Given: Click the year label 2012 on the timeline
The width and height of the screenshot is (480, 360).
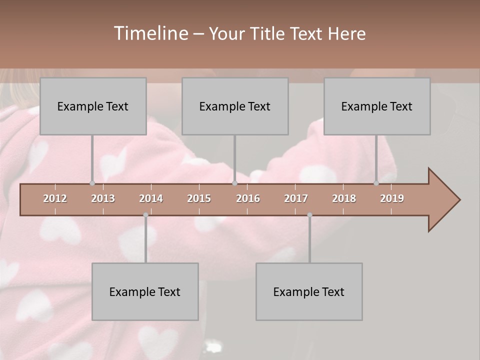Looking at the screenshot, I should click(55, 198).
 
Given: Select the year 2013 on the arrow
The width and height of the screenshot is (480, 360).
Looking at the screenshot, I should click(103, 198).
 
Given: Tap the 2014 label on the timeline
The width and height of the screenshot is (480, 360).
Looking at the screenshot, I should click(151, 198).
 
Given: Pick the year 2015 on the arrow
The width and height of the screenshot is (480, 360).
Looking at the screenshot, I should click(199, 198).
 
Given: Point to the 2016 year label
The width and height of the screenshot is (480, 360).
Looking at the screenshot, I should click(248, 198).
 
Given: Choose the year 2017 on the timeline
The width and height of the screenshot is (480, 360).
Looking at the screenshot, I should click(296, 198).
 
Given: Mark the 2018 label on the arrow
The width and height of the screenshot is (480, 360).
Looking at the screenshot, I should click(344, 198).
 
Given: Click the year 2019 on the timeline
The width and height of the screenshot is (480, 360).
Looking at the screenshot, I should click(392, 198).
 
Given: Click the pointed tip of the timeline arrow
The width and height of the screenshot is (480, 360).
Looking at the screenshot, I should click(459, 200).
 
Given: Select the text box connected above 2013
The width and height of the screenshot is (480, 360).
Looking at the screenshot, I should click(93, 106).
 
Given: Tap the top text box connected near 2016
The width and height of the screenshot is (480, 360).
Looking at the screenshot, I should click(235, 106).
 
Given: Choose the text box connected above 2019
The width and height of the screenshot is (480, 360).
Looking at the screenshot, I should click(377, 106).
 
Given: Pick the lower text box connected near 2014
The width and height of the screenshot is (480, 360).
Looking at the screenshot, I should click(145, 291).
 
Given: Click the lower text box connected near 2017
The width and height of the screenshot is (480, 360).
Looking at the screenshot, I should click(309, 291).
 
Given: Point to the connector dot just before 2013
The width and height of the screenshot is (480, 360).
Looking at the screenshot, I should click(92, 183).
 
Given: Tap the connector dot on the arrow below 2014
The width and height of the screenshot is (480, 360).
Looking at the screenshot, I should click(145, 215).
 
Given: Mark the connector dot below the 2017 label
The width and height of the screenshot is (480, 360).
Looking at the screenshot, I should click(309, 215).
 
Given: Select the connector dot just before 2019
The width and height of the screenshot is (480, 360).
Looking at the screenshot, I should click(376, 183).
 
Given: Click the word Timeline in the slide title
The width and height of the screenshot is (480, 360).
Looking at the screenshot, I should click(150, 33).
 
